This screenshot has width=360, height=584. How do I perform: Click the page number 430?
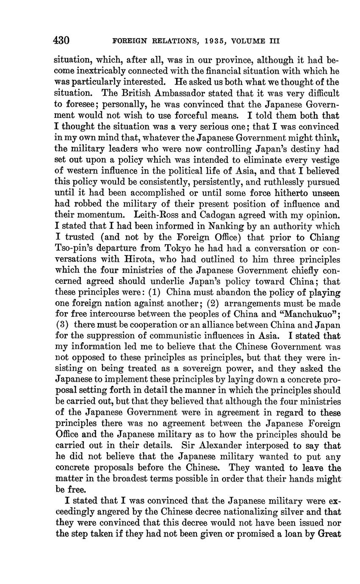(61, 41)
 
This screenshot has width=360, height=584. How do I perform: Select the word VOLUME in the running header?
(252, 41)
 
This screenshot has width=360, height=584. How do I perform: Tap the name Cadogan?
(200, 215)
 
